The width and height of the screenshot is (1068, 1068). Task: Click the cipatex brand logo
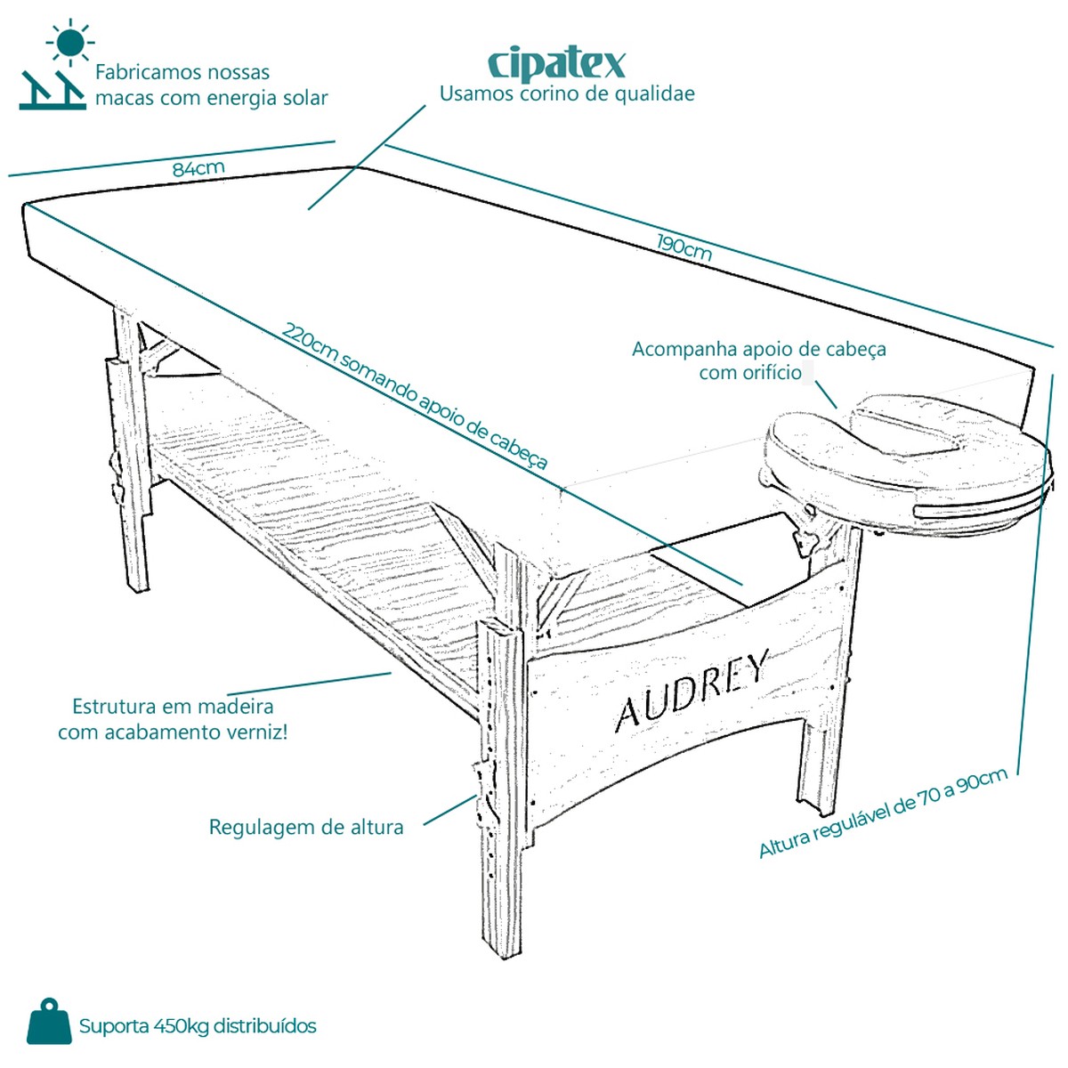click(556, 65)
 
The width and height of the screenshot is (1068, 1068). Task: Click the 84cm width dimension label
click(198, 168)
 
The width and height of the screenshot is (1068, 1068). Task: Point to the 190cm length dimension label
click(684, 247)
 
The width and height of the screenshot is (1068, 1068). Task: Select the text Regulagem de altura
click(306, 827)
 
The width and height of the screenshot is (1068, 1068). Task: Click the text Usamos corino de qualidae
click(567, 93)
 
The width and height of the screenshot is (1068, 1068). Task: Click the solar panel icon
click(53, 91)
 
